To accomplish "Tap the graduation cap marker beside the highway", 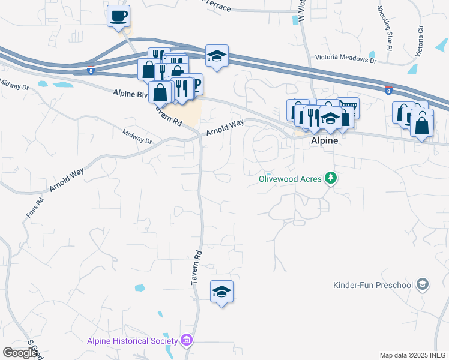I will [x=217, y=56].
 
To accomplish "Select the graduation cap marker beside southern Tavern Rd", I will [x=221, y=292].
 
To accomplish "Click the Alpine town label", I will [x=324, y=140].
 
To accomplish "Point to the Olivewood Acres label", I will [x=290, y=178].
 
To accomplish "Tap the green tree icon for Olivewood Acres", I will [x=330, y=178].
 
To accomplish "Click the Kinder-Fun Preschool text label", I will [x=373, y=284].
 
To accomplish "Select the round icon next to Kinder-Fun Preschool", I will [x=423, y=284].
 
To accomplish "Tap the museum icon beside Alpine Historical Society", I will [x=186, y=341].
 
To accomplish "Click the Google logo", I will [x=20, y=352].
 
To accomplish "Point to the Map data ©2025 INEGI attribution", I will [x=414, y=355].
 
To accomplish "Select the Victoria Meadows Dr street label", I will [x=346, y=61].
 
